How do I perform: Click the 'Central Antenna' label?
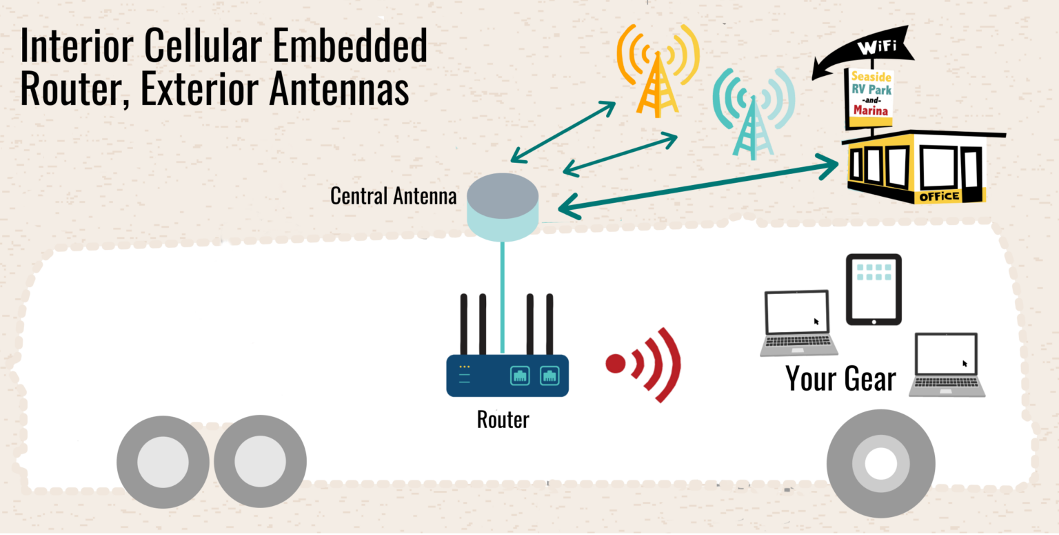click(x=393, y=196)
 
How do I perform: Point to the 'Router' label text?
click(x=503, y=419)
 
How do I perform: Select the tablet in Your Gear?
click(x=874, y=289)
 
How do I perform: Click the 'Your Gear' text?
click(x=840, y=379)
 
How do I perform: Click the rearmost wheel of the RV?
click(x=163, y=461)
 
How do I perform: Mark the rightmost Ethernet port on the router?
click(x=549, y=376)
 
